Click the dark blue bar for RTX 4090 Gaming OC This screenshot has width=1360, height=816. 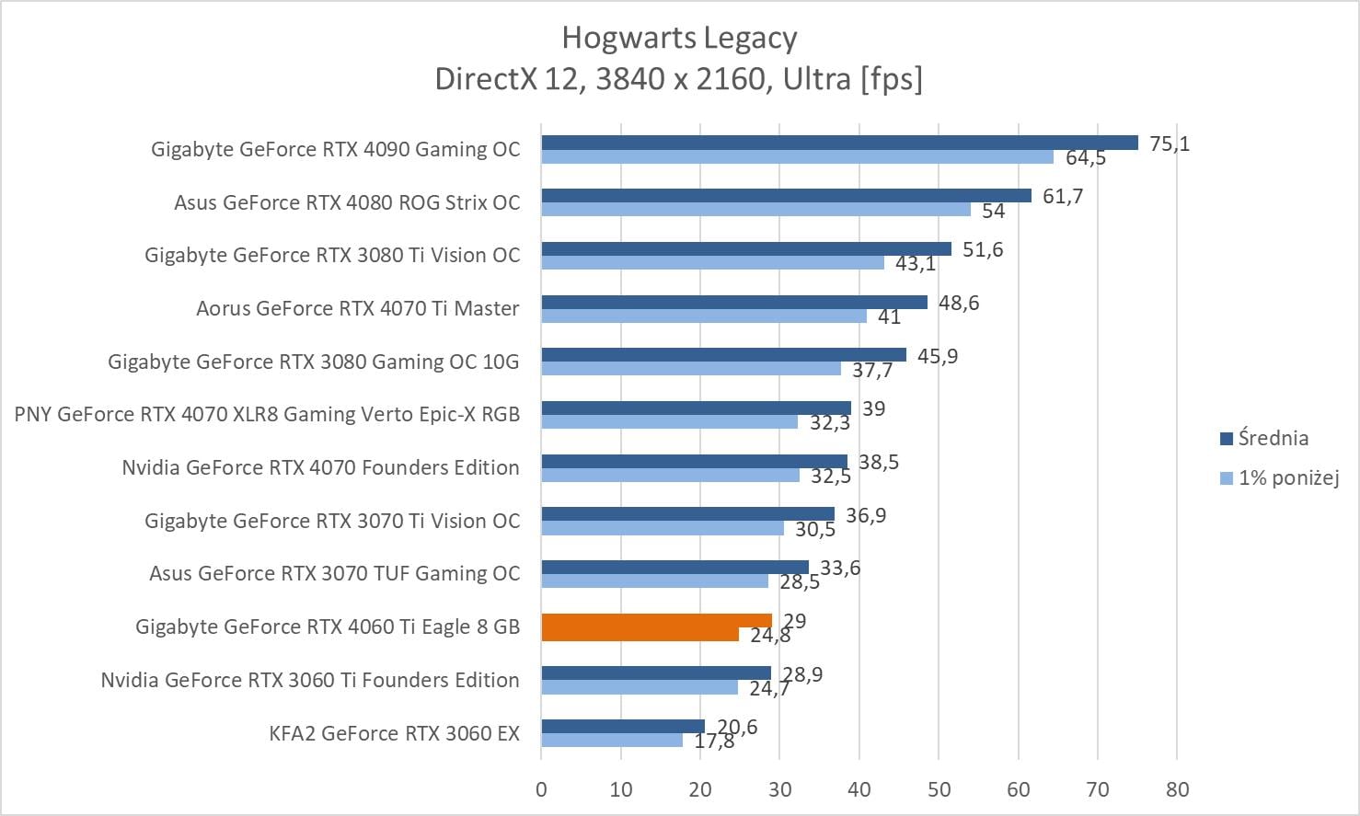[x=839, y=143]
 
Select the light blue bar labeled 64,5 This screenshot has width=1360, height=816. [x=797, y=157]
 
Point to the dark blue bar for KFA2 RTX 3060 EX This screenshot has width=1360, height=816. [x=623, y=727]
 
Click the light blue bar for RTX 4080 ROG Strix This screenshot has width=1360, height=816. [x=755, y=210]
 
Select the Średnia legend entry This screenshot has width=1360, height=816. [x=1263, y=439]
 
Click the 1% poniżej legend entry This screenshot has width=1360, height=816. [x=1279, y=477]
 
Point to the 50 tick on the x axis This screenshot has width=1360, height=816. [x=939, y=789]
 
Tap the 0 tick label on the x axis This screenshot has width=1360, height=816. [x=541, y=789]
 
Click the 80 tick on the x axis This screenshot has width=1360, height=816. [x=1177, y=789]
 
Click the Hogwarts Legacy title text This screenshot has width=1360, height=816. [x=679, y=38]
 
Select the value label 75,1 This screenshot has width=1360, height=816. [x=1170, y=144]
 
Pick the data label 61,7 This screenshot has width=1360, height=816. [x=1063, y=196]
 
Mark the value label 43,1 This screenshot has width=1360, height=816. [x=916, y=264]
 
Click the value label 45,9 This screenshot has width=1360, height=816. [x=938, y=356]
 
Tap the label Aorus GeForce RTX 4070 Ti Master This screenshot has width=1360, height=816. [x=357, y=309]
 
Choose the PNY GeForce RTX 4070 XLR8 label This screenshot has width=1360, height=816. [x=267, y=415]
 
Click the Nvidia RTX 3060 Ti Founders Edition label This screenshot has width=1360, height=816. [x=310, y=681]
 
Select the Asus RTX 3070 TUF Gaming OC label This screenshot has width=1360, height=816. [x=334, y=574]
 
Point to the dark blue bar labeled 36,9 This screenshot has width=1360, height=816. [x=687, y=514]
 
